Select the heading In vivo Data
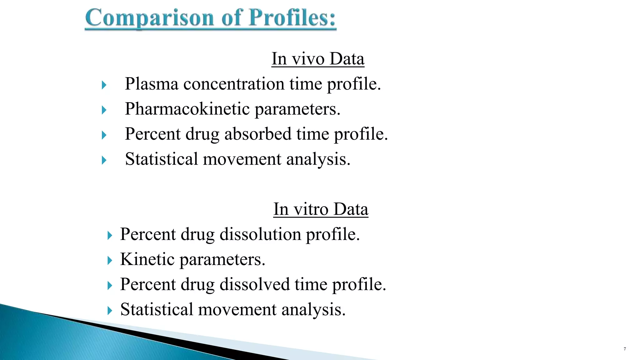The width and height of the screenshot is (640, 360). tap(318, 59)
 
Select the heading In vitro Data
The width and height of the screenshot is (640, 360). tap(321, 209)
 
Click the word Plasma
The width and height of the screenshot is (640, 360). tap(152, 84)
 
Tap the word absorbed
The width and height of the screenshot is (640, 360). tap(258, 134)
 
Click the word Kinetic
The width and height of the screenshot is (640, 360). tap(147, 259)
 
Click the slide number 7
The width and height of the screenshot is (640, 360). tap(625, 349)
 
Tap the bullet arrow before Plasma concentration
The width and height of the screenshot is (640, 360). tap(104, 85)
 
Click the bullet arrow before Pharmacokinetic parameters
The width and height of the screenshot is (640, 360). tap(104, 110)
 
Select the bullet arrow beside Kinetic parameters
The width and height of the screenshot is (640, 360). tap(109, 260)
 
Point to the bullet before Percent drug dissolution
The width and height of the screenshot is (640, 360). tap(109, 235)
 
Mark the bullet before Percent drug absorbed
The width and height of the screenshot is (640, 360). tap(104, 135)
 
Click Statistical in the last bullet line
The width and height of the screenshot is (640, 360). tap(157, 310)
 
